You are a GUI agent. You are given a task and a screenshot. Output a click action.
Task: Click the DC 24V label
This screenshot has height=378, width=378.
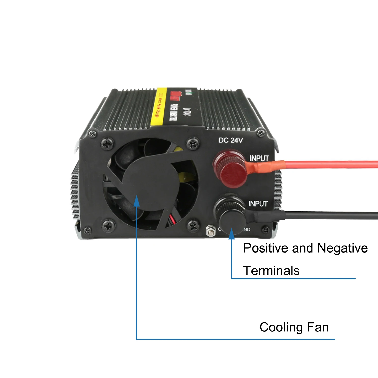coord(231,140)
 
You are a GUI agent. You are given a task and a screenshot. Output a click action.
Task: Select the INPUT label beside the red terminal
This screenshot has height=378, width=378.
coord(259,158)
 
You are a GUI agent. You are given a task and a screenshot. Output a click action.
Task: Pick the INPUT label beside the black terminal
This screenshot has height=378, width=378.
coord(258,204)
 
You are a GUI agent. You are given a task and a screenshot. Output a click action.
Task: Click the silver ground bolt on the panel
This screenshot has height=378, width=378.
coord(211,231)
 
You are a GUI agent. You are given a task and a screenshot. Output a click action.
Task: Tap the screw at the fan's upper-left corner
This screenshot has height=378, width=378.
coord(108,144)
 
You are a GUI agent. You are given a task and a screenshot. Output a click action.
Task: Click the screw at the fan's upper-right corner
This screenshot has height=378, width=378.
coord(193,144)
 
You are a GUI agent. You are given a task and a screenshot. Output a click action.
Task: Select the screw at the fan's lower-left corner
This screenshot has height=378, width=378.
coord(108,226)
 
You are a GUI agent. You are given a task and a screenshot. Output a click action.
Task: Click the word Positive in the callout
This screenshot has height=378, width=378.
coord(266,248)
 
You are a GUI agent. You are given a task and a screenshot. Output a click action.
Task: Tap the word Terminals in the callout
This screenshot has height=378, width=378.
coord(271,271)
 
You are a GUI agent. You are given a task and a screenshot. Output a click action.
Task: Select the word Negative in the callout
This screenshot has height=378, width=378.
coord(342,248)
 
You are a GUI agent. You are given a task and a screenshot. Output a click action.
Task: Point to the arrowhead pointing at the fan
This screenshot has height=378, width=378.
coord(136,201)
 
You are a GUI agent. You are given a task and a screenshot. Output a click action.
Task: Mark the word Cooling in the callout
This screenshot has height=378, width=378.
coord(281,327)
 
